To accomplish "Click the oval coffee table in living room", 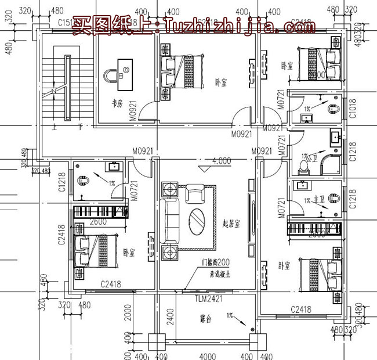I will pos(198,219).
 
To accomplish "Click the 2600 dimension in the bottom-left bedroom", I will pos(98,222).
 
